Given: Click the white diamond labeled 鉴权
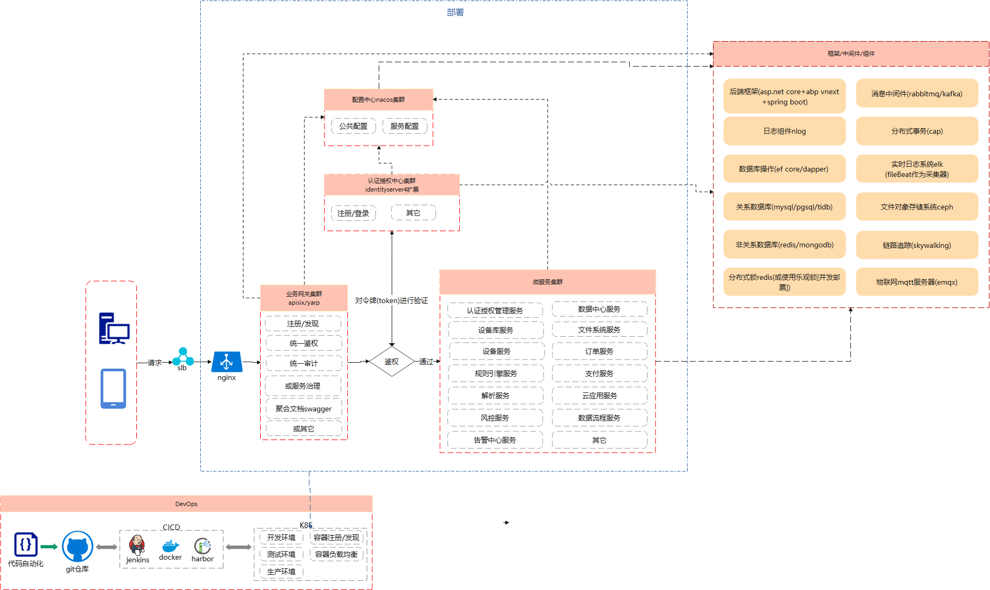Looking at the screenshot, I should pyautogui.click(x=391, y=361).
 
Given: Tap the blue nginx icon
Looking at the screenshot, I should pyautogui.click(x=227, y=362).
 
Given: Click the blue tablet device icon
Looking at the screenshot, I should pyautogui.click(x=113, y=389).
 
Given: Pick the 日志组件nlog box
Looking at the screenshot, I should pyautogui.click(x=784, y=131).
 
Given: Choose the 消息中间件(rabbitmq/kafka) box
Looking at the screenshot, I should pyautogui.click(x=916, y=94).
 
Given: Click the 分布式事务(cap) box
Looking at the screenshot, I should pyautogui.click(x=916, y=131).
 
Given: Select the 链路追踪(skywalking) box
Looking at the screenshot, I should pyautogui.click(x=916, y=245).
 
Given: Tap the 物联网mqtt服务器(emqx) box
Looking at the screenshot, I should pyautogui.click(x=916, y=282).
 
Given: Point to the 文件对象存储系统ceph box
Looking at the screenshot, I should pyautogui.click(x=916, y=207).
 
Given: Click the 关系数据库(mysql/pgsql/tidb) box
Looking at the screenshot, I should pyautogui.click(x=784, y=207).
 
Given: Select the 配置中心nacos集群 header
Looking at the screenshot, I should pyautogui.click(x=378, y=100).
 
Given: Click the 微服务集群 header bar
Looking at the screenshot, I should pyautogui.click(x=547, y=282).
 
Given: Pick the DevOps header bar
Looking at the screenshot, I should pyautogui.click(x=186, y=504).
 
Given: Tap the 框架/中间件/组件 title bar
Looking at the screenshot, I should pyautogui.click(x=850, y=54).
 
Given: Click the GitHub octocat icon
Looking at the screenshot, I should pyautogui.click(x=77, y=547).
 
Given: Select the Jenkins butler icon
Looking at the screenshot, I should pyautogui.click(x=137, y=545).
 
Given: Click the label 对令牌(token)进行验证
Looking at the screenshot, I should pyautogui.click(x=391, y=300).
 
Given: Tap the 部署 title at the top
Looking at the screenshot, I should pyautogui.click(x=455, y=12).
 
